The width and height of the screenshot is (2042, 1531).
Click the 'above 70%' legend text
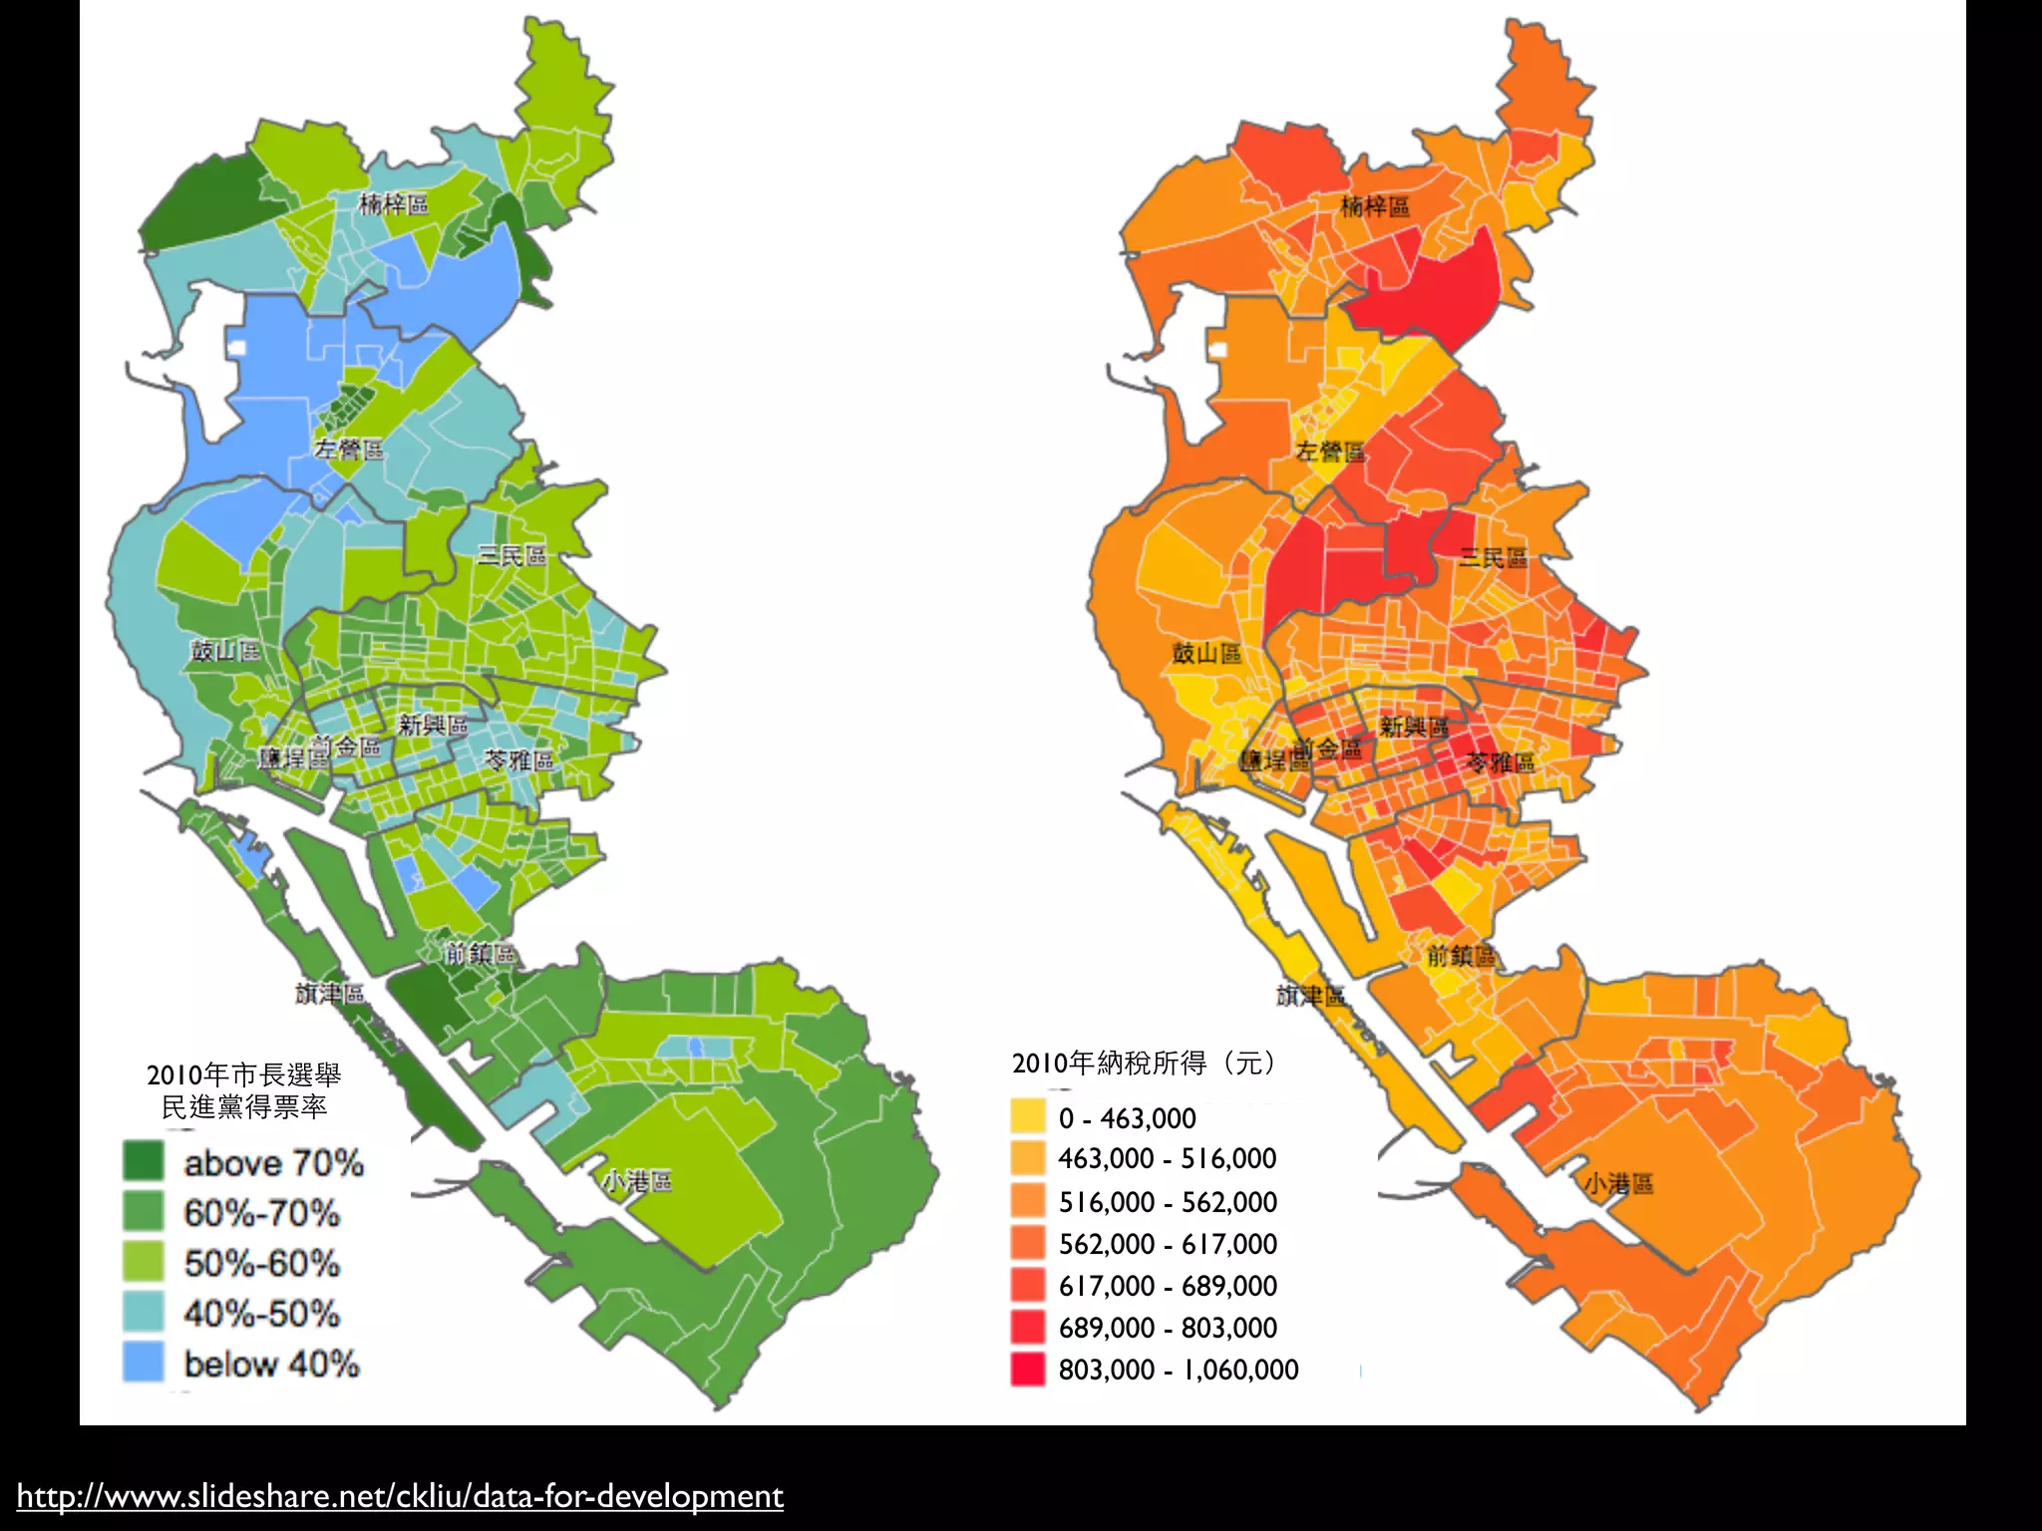(x=273, y=1163)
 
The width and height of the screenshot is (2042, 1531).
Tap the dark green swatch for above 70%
(x=143, y=1161)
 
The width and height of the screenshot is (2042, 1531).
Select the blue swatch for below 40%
(x=143, y=1363)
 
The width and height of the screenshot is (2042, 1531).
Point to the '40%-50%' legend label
(x=261, y=1314)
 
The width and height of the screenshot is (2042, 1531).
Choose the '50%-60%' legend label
(x=261, y=1264)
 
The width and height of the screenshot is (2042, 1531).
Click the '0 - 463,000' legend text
(x=1127, y=1118)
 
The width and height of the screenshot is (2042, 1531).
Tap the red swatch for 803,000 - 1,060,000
(x=1028, y=1370)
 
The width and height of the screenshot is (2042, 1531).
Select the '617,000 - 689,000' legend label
(x=1168, y=1286)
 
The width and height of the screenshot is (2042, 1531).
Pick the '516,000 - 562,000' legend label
(x=1168, y=1202)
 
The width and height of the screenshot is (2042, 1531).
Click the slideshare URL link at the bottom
(x=400, y=1496)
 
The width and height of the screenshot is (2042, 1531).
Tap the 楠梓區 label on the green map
(x=394, y=204)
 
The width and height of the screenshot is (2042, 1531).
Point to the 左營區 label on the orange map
(x=1330, y=452)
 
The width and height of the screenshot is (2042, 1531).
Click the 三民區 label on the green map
(x=511, y=555)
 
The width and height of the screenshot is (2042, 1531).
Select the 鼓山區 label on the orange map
(x=1206, y=653)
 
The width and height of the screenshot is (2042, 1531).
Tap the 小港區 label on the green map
(x=637, y=1182)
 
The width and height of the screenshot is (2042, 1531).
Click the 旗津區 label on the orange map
(x=1310, y=995)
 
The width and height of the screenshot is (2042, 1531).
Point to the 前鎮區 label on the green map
(x=480, y=954)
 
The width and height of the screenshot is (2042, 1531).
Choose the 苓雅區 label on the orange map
(x=1501, y=764)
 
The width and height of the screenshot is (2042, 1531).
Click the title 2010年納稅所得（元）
(x=1144, y=1064)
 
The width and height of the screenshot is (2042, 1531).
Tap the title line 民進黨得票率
(x=244, y=1106)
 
